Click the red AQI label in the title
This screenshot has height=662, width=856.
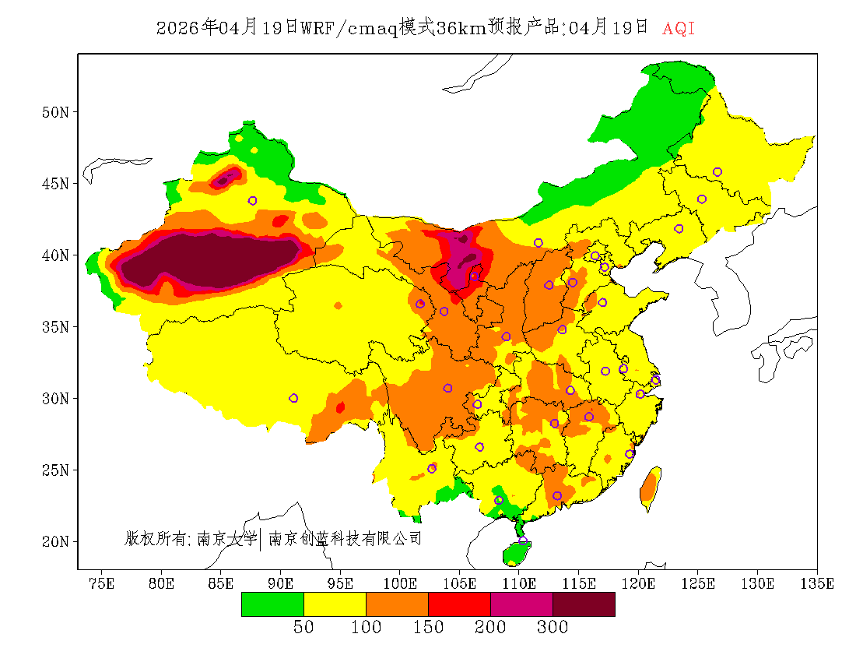(679, 29)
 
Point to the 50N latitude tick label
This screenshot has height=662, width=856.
(55, 112)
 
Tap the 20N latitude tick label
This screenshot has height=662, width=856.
(55, 541)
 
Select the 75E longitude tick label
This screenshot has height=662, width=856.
(102, 583)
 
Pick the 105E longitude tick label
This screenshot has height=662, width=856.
(460, 583)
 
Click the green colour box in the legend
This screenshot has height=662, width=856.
(272, 604)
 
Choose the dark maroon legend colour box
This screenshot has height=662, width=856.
(584, 604)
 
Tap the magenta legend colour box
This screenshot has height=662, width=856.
(521, 604)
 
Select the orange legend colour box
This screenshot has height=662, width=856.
(397, 604)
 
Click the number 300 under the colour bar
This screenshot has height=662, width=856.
(553, 628)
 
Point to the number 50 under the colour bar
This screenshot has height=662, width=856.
(303, 628)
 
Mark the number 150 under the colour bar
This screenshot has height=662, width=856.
(428, 628)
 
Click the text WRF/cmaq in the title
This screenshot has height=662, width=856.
(349, 29)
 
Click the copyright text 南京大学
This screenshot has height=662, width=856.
(226, 538)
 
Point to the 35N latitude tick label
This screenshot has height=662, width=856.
(55, 327)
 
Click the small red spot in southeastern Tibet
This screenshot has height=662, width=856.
(340, 407)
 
